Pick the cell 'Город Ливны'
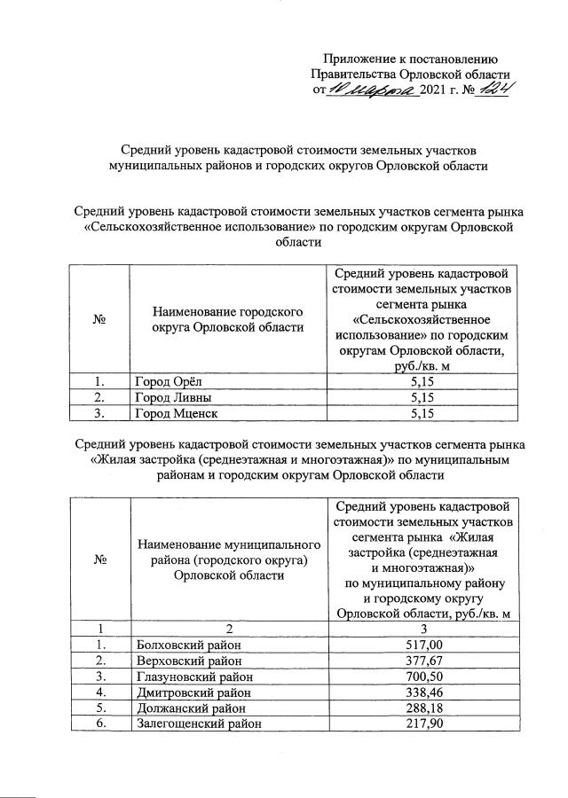point(173,397)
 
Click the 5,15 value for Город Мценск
point(422,412)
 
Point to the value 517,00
point(422,644)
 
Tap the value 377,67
point(422,660)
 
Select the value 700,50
point(422,676)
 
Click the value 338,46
point(422,692)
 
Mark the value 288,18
point(422,708)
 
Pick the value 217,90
point(422,724)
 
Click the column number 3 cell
point(422,628)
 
